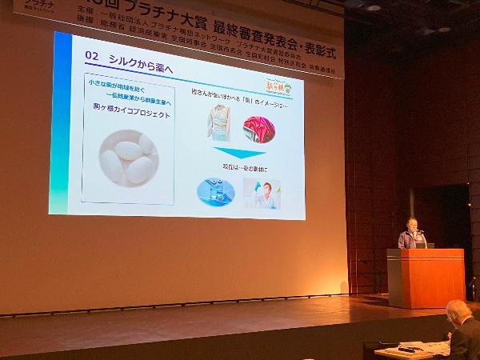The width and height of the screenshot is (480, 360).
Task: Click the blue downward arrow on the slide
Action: [x=238, y=153]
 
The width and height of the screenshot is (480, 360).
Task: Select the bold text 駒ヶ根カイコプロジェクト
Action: [x=130, y=114]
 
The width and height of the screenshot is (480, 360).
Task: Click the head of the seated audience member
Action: [x=458, y=313]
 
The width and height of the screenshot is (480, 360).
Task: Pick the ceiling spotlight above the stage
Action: [x=373, y=7]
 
